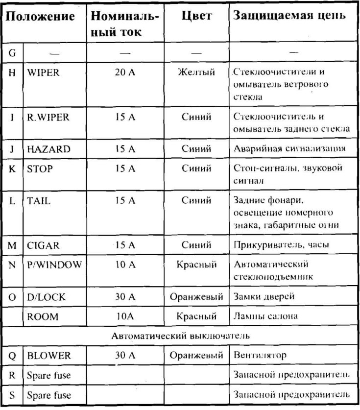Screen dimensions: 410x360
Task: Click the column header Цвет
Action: point(196,16)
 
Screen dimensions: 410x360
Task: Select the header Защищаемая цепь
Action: point(290,16)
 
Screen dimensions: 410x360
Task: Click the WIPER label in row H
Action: point(44,72)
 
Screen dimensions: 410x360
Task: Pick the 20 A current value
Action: point(125,72)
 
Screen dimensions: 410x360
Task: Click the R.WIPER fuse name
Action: point(48,118)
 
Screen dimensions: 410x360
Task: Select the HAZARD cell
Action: point(49,148)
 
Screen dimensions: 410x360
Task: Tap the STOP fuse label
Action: point(40,169)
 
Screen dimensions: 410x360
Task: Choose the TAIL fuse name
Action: point(39,201)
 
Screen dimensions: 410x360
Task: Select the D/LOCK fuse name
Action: point(47,297)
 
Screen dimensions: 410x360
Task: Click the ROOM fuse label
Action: point(43,316)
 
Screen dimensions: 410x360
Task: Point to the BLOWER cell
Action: point(49,355)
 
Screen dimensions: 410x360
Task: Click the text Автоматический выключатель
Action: point(180,336)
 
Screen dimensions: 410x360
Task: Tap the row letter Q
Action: point(12,355)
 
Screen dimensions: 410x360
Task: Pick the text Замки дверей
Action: point(260,297)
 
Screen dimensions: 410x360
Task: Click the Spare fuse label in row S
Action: point(48,394)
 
